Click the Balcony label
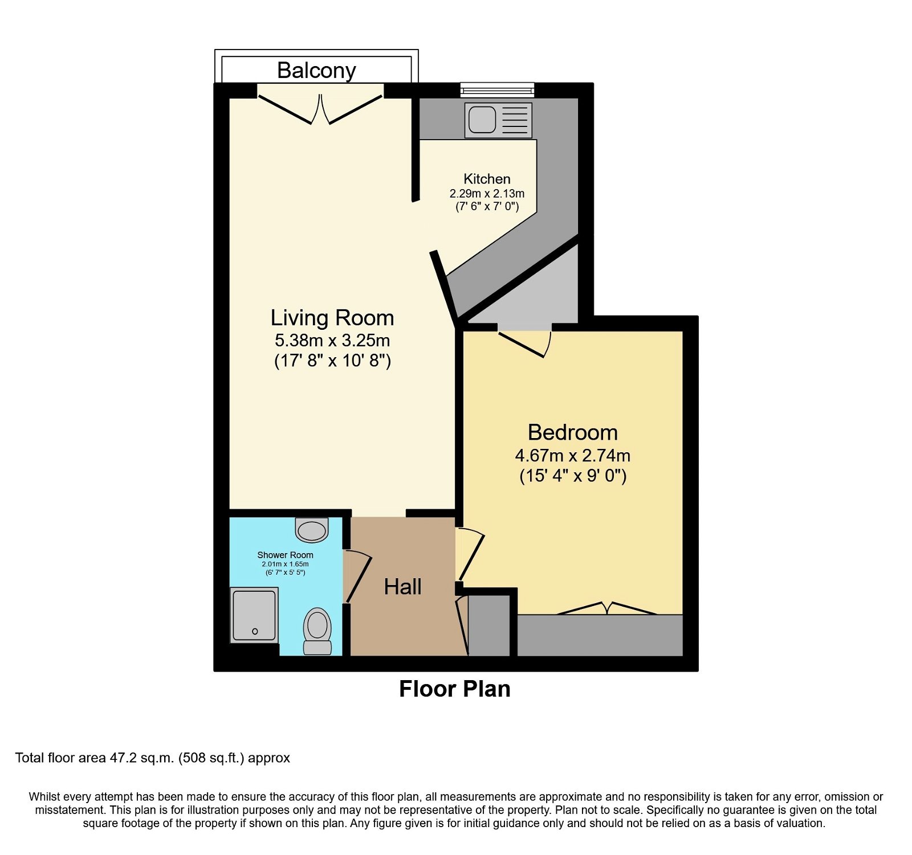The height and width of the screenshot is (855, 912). (x=316, y=71)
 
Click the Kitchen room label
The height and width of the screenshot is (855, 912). (x=487, y=179)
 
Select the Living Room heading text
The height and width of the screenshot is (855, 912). (x=332, y=318)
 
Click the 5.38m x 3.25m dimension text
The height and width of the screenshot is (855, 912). (x=332, y=341)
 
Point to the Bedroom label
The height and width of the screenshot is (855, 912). (x=572, y=432)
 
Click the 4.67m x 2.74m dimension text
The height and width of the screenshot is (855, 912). (x=572, y=456)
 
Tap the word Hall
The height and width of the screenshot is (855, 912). (x=402, y=587)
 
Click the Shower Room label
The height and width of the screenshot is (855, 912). (x=285, y=555)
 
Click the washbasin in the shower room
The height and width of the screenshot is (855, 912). (x=312, y=529)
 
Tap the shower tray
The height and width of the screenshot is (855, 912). (x=254, y=615)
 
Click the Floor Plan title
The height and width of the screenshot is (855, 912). (x=454, y=689)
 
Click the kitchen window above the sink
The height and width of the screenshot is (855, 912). (x=497, y=89)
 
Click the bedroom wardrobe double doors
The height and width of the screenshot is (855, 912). (x=606, y=608)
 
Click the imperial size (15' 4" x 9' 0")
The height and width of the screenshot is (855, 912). (x=572, y=476)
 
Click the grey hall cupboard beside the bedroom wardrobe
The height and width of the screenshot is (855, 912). (x=488, y=625)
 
